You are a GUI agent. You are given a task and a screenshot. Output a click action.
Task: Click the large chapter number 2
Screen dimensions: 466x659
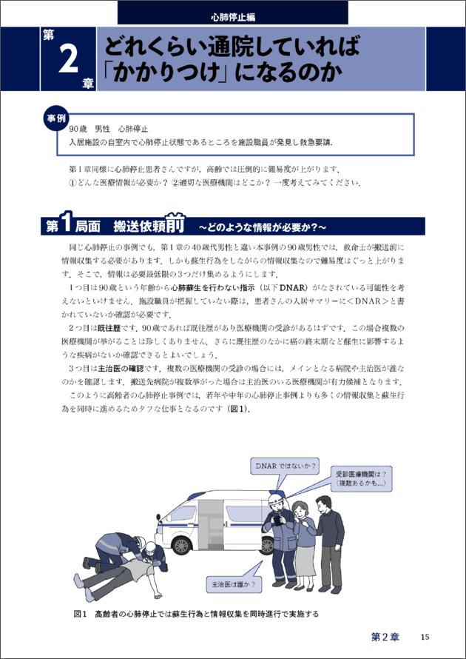[70, 58]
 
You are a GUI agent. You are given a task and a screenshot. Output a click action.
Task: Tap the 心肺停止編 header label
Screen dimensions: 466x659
[233, 18]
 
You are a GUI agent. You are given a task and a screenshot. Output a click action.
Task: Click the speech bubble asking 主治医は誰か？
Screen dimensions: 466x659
[232, 583]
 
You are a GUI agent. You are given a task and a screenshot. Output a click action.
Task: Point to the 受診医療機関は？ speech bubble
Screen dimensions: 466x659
[361, 478]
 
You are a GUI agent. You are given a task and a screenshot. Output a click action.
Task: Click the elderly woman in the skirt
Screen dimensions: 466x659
[305, 543]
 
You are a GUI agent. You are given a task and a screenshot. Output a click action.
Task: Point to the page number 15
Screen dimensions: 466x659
[425, 637]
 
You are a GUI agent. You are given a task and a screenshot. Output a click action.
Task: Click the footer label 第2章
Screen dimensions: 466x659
[385, 637]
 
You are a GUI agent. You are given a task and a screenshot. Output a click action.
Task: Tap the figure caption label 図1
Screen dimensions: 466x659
[80, 614]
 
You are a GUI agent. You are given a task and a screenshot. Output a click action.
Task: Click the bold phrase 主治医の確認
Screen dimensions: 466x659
[121, 368]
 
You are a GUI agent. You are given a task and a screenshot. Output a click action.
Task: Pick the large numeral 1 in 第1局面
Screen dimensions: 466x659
[67, 225]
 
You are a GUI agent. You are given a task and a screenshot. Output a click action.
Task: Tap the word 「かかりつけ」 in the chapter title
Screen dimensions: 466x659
[166, 73]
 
